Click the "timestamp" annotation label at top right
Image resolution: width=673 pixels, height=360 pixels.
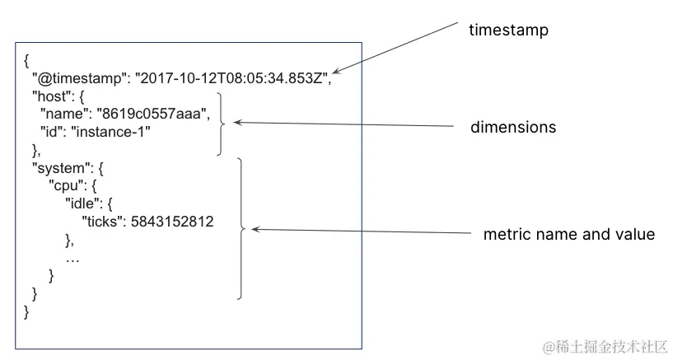tap(508, 30)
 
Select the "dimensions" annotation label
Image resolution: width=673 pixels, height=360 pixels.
tap(513, 128)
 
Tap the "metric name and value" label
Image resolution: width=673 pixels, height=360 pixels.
tap(568, 235)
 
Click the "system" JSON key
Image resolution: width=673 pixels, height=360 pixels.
tap(56, 167)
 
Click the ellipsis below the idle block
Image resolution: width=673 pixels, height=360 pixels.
tap(72, 258)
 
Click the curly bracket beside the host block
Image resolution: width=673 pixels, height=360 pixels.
tap(222, 123)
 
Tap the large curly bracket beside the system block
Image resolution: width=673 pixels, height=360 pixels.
tap(241, 228)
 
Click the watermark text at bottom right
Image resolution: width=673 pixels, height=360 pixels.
tap(604, 347)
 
